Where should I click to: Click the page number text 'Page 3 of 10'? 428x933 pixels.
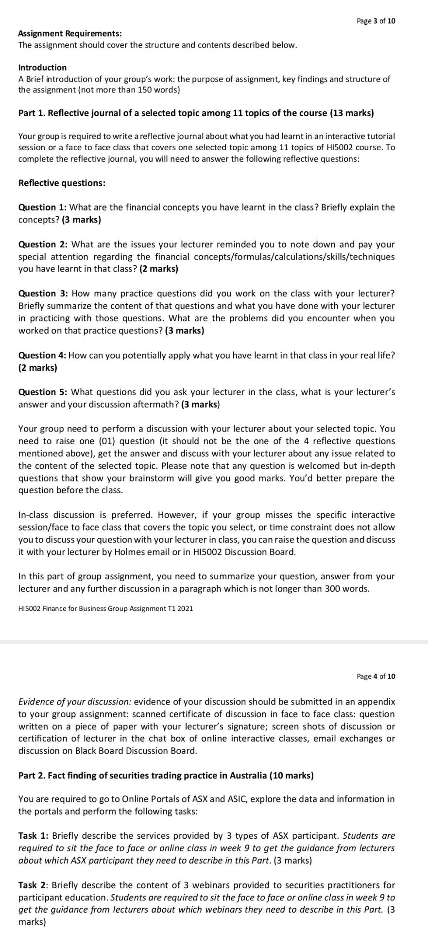point(376,21)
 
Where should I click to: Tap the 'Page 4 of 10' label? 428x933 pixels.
point(376,676)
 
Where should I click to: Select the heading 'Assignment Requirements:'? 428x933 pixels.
point(70,34)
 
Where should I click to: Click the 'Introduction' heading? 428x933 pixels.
point(42,68)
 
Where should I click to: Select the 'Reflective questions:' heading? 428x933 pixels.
point(62,183)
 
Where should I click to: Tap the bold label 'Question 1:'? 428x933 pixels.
point(42,207)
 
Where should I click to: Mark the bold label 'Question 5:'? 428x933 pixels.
point(43,392)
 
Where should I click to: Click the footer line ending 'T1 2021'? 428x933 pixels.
point(105,608)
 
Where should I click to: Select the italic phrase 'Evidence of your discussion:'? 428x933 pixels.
point(74,702)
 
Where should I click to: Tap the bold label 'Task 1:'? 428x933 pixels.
point(33,836)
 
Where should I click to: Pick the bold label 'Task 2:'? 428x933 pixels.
point(33,885)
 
